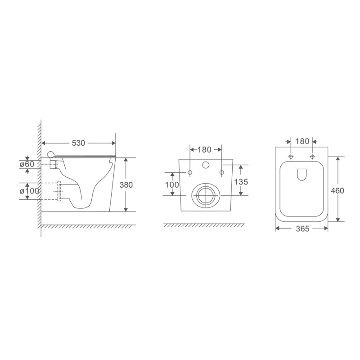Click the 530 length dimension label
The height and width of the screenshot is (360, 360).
[78, 143]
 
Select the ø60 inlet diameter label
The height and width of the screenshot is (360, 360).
[27, 164]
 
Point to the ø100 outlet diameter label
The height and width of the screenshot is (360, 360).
[30, 190]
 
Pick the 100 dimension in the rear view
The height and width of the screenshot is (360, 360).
[172, 184]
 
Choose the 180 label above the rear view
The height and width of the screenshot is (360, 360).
[205, 149]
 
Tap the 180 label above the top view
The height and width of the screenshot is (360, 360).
[302, 141]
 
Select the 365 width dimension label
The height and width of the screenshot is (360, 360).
[302, 229]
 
